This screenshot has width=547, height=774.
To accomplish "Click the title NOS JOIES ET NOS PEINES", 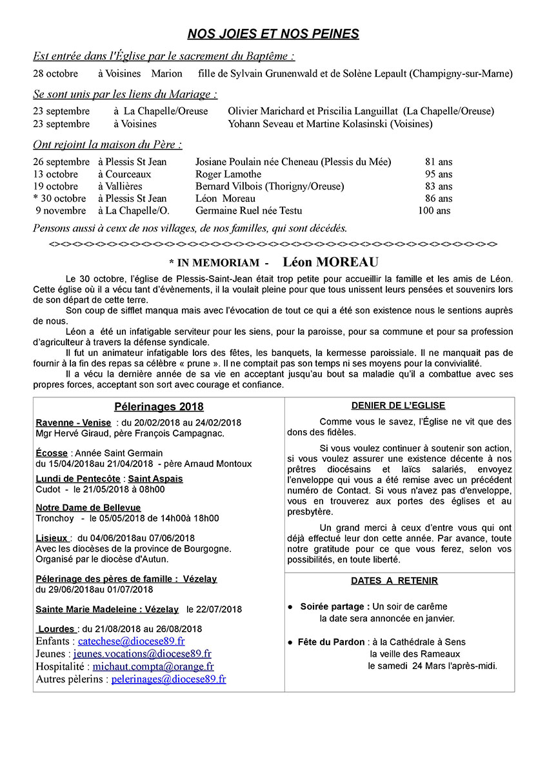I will pos(273,34).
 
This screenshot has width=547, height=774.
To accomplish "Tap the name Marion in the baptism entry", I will pos(167,74).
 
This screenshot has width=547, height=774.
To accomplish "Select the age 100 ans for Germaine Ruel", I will pos(434,210).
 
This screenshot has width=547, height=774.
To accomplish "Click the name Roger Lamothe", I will pos(228,174).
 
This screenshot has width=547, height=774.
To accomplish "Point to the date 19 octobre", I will pos(55,186).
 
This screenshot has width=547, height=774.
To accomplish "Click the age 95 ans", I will pos(439,174).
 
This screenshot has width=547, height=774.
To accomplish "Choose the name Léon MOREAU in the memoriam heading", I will pos(331,263).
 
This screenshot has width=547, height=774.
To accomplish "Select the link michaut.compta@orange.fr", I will pos(153,666).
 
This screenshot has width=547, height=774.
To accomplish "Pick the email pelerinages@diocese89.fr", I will pos(168,679).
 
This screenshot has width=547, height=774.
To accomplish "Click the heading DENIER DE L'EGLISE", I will pos(398,406).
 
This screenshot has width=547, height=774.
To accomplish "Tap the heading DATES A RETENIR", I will pos(394,580).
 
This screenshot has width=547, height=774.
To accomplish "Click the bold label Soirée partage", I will pos(335,606).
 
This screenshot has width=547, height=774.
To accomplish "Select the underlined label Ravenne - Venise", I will pos(74,422).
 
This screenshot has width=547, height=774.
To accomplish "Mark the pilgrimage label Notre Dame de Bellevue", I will pos(88,508).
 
